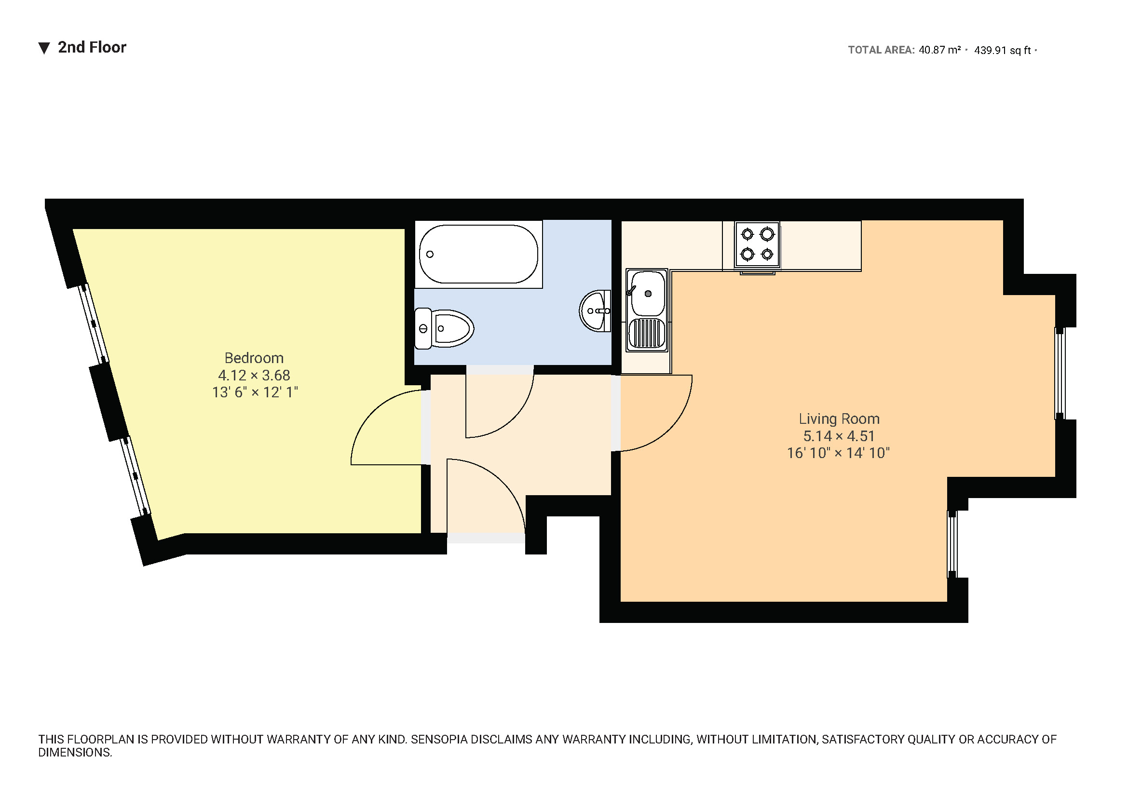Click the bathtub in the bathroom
pyautogui.click(x=478, y=254)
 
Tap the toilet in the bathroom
pyautogui.click(x=445, y=328)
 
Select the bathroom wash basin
pyautogui.click(x=595, y=311)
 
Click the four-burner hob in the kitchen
pyautogui.click(x=757, y=244)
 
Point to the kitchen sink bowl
pyautogui.click(x=648, y=294)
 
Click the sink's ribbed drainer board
pyautogui.click(x=647, y=333)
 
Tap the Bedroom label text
pyautogui.click(x=254, y=358)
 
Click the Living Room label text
pyautogui.click(x=839, y=419)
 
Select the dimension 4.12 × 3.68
pyautogui.click(x=254, y=376)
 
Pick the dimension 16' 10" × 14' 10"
pyautogui.click(x=838, y=453)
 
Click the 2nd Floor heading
pyautogui.click(x=92, y=48)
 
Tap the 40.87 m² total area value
pyautogui.click(x=939, y=50)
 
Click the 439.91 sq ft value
pyautogui.click(x=1002, y=51)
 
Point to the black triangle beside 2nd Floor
pyautogui.click(x=44, y=48)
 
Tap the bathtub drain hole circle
pyautogui.click(x=430, y=255)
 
